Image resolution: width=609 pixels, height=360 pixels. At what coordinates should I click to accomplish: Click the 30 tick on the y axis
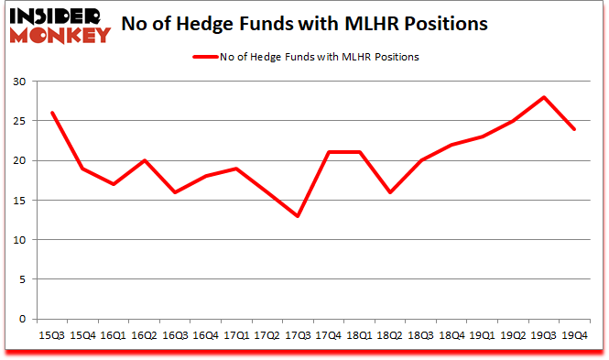coord(19,82)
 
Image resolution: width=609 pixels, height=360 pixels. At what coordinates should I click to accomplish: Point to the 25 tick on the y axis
coord(19,121)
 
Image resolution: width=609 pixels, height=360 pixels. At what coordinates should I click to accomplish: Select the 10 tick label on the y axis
coord(19,240)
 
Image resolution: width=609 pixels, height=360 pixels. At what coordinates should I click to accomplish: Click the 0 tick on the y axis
coord(22,319)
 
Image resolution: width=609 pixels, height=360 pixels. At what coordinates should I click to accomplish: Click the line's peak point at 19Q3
coord(543,97)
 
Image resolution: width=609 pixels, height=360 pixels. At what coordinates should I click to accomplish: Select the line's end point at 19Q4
coord(574,129)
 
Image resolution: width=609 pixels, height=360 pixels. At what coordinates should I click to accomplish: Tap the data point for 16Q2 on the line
coord(143,160)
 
